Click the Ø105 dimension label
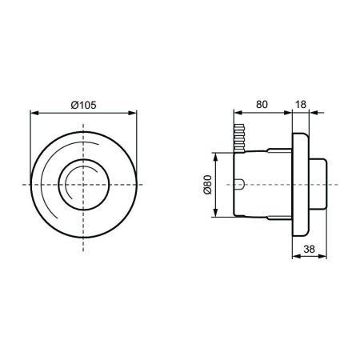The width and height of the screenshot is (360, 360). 84,104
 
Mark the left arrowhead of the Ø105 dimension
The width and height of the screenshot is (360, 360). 33,113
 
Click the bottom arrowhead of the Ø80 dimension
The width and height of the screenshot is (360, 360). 216,216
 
